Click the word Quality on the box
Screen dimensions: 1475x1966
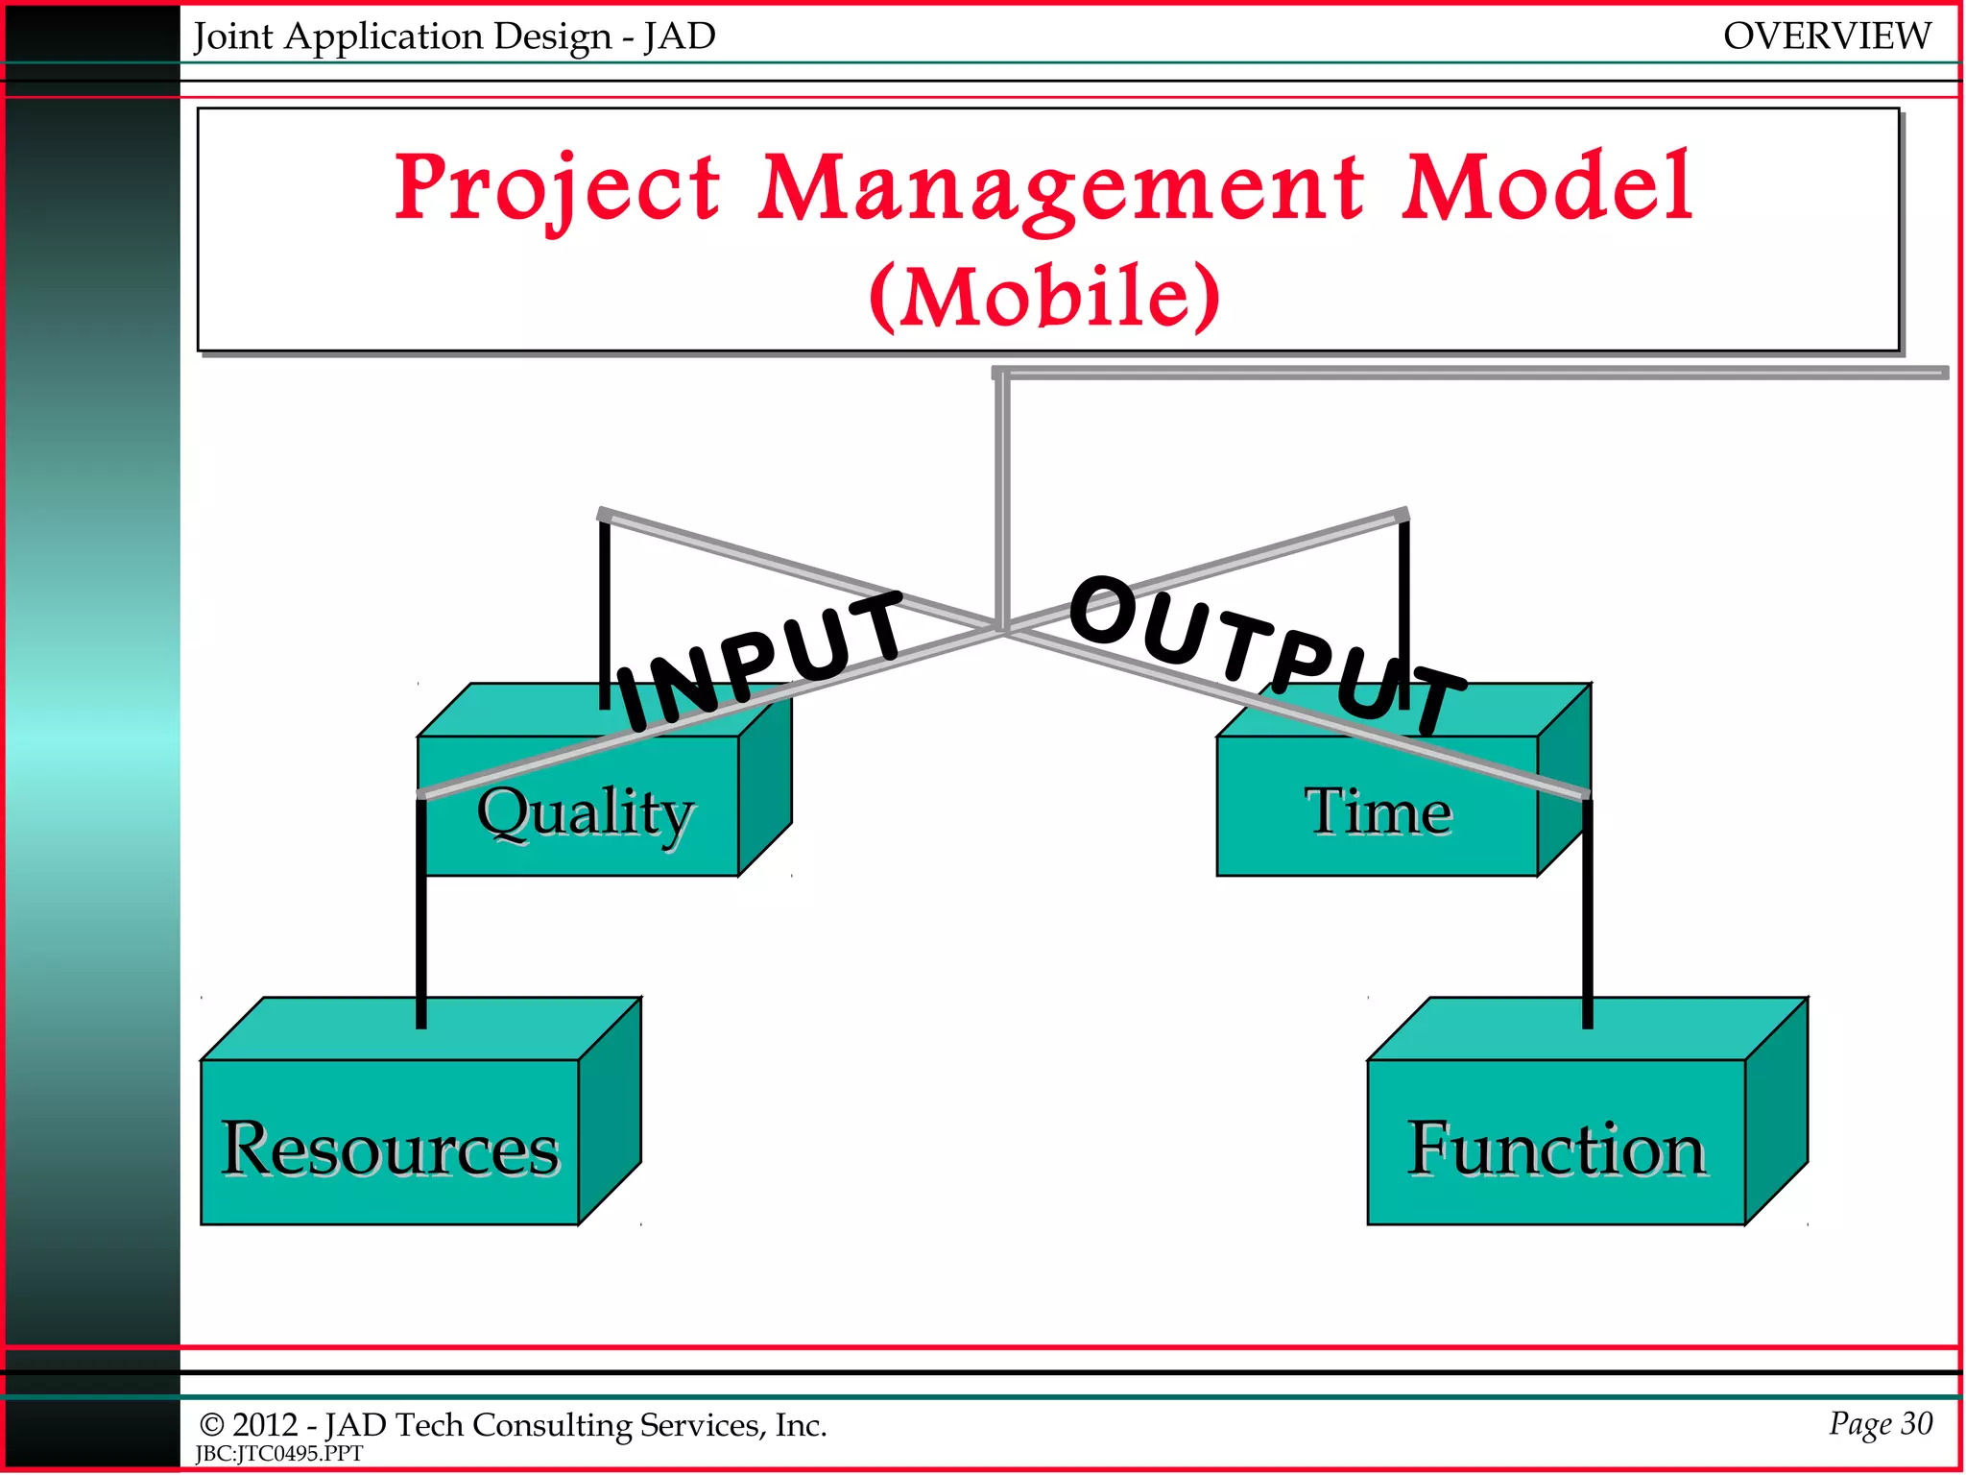(585, 812)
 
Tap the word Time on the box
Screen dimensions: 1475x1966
(1378, 811)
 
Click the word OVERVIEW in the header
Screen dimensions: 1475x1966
(1826, 36)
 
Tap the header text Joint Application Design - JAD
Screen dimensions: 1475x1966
(455, 36)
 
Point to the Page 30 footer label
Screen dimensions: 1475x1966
(1880, 1423)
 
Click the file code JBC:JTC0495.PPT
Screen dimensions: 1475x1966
(279, 1454)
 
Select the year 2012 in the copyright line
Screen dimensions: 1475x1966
(265, 1425)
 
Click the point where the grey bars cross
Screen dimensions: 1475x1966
(1002, 629)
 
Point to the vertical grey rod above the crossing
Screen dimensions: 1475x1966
(1002, 499)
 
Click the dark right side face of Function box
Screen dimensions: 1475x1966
(1776, 1114)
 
